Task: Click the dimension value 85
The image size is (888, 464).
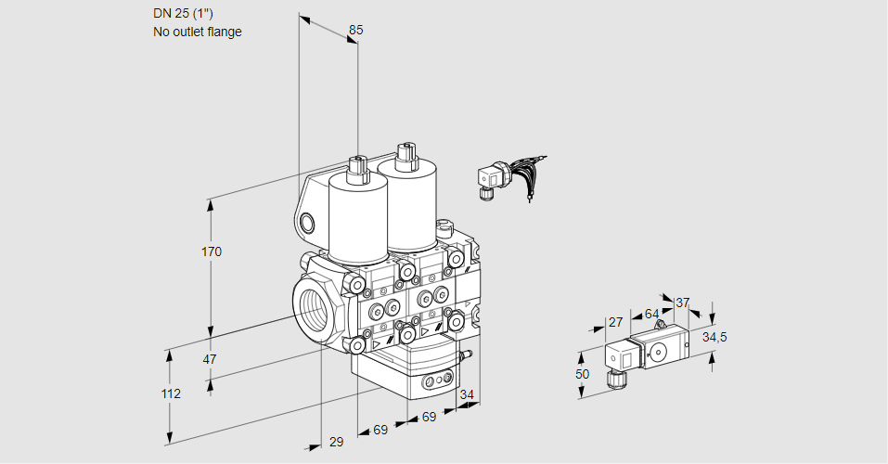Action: tap(355, 30)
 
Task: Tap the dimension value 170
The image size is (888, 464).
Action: tap(212, 251)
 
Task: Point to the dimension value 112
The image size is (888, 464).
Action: tap(170, 393)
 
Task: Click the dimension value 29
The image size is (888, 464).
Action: tap(336, 442)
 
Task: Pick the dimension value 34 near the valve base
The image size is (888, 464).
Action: tap(467, 395)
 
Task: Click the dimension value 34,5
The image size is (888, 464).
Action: tap(714, 337)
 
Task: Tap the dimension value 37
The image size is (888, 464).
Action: tap(683, 303)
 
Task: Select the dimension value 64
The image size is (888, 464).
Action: tap(651, 314)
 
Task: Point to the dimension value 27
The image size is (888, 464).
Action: tap(614, 322)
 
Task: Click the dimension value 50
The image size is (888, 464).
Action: tap(582, 374)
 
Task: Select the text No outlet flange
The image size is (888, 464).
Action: tap(197, 32)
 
